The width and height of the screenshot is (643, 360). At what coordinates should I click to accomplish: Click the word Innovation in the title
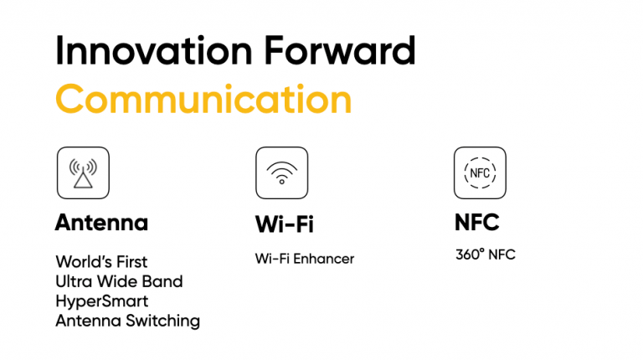pyautogui.click(x=154, y=50)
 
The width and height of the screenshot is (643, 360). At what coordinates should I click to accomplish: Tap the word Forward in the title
pyautogui.click(x=340, y=50)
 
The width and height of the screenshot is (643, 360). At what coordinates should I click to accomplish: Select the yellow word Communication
pyautogui.click(x=203, y=99)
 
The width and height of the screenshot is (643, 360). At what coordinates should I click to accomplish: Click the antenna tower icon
pyautogui.click(x=83, y=173)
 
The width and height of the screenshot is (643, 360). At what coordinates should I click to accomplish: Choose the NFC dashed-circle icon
pyautogui.click(x=480, y=173)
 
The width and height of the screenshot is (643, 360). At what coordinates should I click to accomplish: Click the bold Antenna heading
pyautogui.click(x=101, y=223)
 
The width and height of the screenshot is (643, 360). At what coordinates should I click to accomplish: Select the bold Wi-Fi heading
pyautogui.click(x=284, y=224)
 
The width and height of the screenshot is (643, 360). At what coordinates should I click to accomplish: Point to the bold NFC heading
pyautogui.click(x=477, y=222)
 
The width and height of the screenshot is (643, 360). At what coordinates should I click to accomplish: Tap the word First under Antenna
pyautogui.click(x=131, y=261)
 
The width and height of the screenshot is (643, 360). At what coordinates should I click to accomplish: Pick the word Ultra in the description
pyautogui.click(x=74, y=281)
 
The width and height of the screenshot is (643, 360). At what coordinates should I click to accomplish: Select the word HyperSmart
pyautogui.click(x=101, y=301)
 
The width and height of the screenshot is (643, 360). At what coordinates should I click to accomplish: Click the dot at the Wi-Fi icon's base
pyautogui.click(x=281, y=182)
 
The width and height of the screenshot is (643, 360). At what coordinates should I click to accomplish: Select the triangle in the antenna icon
pyautogui.click(x=83, y=180)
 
